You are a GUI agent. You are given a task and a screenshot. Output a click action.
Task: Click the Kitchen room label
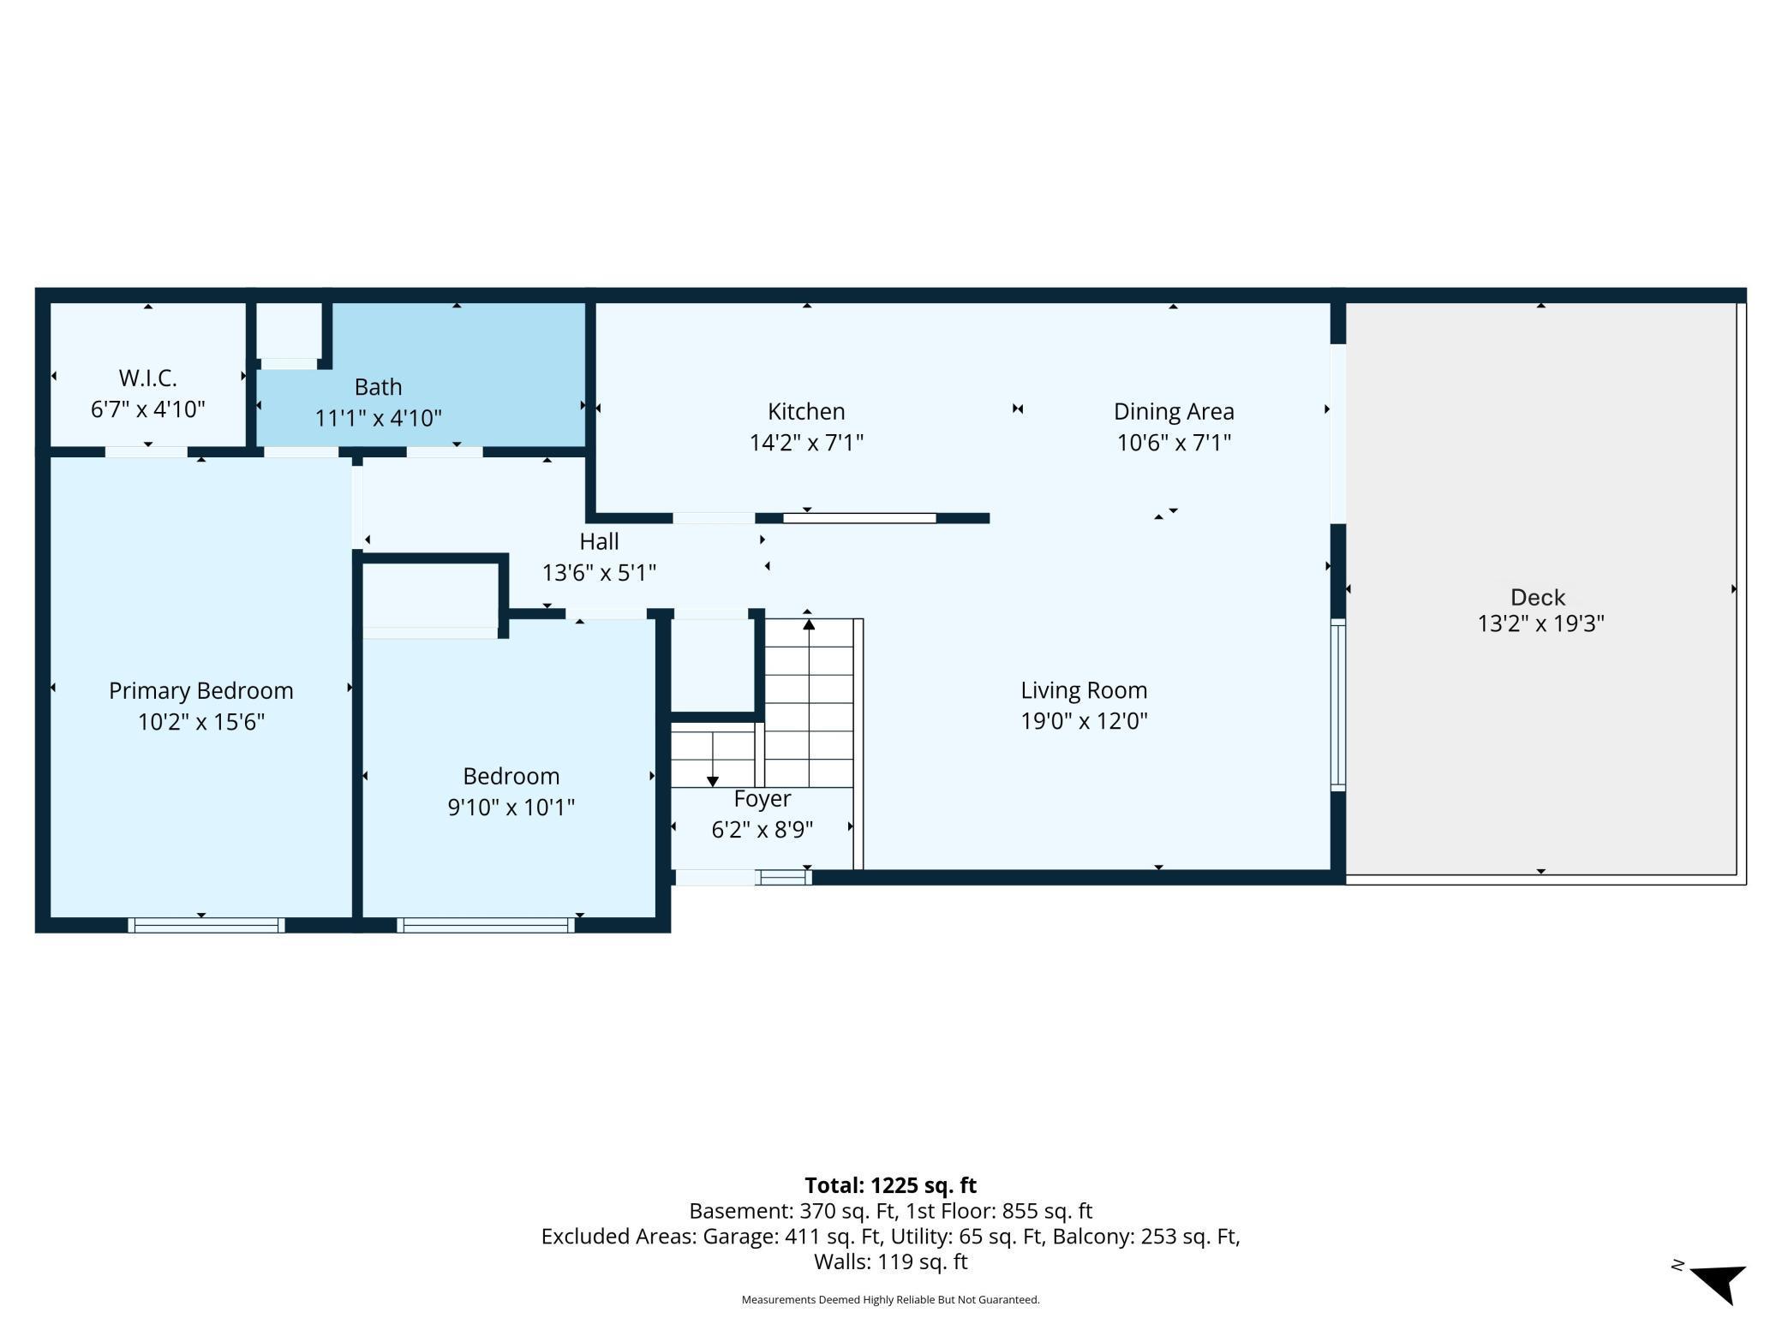coord(806,412)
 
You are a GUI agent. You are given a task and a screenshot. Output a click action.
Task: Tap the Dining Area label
coord(1174,412)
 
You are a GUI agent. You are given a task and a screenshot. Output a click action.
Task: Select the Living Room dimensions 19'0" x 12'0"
coord(1084,721)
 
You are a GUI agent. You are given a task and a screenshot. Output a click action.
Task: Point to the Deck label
coord(1538,598)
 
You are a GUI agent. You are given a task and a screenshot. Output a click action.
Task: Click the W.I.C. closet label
coord(147,378)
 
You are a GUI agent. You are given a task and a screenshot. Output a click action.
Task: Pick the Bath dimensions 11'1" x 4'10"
coord(378,418)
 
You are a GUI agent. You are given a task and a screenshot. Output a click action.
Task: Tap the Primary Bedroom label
coord(201,691)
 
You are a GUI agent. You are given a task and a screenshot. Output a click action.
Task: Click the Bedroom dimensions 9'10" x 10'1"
coord(511,807)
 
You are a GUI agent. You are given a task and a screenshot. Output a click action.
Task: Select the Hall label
coord(599,541)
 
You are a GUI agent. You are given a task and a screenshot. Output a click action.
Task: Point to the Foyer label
coord(762,799)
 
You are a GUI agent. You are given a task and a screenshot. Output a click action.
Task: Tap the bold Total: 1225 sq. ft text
coord(891,1185)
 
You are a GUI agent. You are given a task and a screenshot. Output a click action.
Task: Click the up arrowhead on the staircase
coord(809,624)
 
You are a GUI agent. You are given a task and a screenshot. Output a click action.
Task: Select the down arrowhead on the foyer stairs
coord(713,781)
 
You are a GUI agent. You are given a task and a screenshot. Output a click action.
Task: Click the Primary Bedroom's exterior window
coord(206,925)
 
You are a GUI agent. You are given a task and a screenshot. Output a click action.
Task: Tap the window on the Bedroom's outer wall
coord(486,925)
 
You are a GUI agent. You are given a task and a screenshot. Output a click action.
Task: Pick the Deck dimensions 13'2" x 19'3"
coord(1540,623)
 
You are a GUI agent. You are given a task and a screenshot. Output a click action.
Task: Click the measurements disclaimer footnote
coord(891,1300)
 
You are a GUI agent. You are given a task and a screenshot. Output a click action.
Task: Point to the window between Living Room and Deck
coord(1337,705)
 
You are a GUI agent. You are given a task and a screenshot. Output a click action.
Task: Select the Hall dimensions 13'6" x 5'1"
coord(599,572)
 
